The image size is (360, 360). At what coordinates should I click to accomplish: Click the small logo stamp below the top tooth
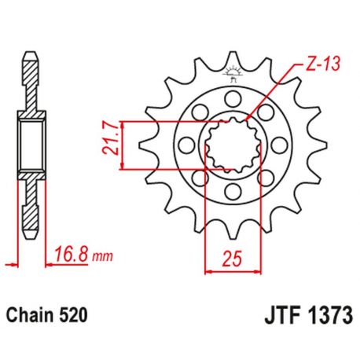click(x=232, y=75)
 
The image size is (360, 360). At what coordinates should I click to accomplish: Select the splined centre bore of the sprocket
click(x=229, y=145)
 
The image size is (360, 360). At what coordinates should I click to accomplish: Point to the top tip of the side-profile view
click(x=31, y=56)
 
